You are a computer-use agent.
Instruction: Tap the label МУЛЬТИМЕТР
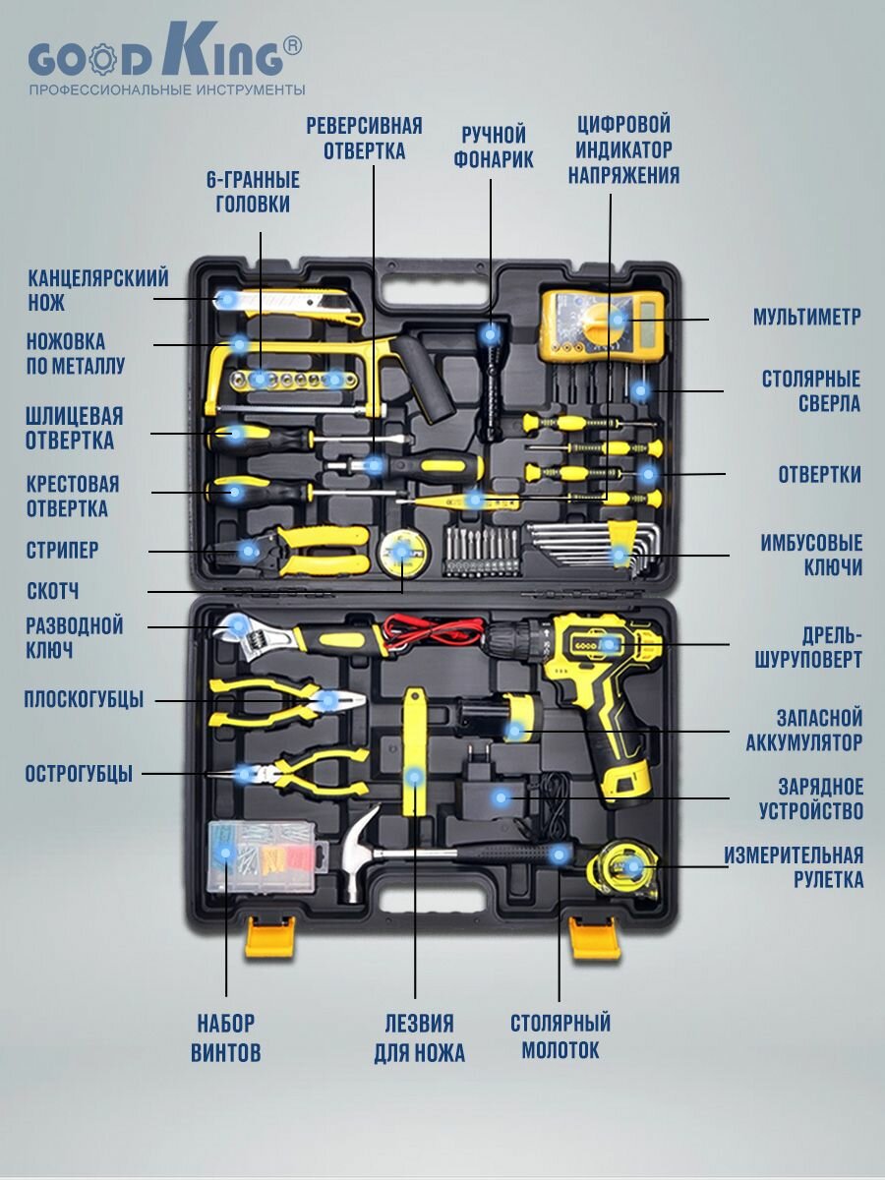click(x=806, y=318)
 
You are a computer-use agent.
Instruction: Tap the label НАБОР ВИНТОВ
click(x=226, y=1038)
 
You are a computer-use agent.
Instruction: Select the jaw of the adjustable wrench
click(x=236, y=629)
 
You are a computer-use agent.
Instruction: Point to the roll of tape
click(x=401, y=554)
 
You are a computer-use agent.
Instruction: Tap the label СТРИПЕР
click(x=62, y=551)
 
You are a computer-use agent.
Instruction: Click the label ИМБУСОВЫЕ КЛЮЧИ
click(x=811, y=556)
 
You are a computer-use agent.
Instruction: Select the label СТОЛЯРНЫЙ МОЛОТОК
click(x=560, y=1036)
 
